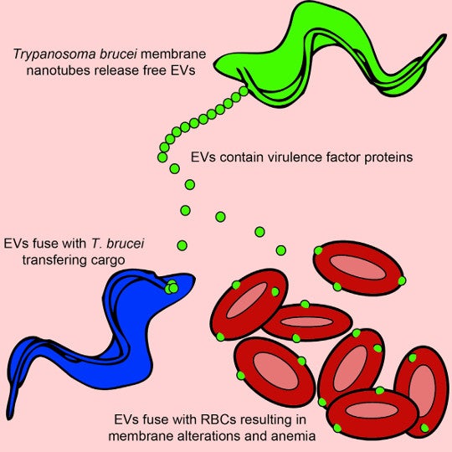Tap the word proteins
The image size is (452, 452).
tap(388, 158)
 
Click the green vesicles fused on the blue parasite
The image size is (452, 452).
tap(172, 287)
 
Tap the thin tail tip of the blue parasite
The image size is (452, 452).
tap(8, 415)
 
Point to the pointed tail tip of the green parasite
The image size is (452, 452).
tap(444, 37)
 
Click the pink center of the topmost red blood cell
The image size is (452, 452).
tap(357, 267)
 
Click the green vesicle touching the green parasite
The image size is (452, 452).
tap(244, 90)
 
